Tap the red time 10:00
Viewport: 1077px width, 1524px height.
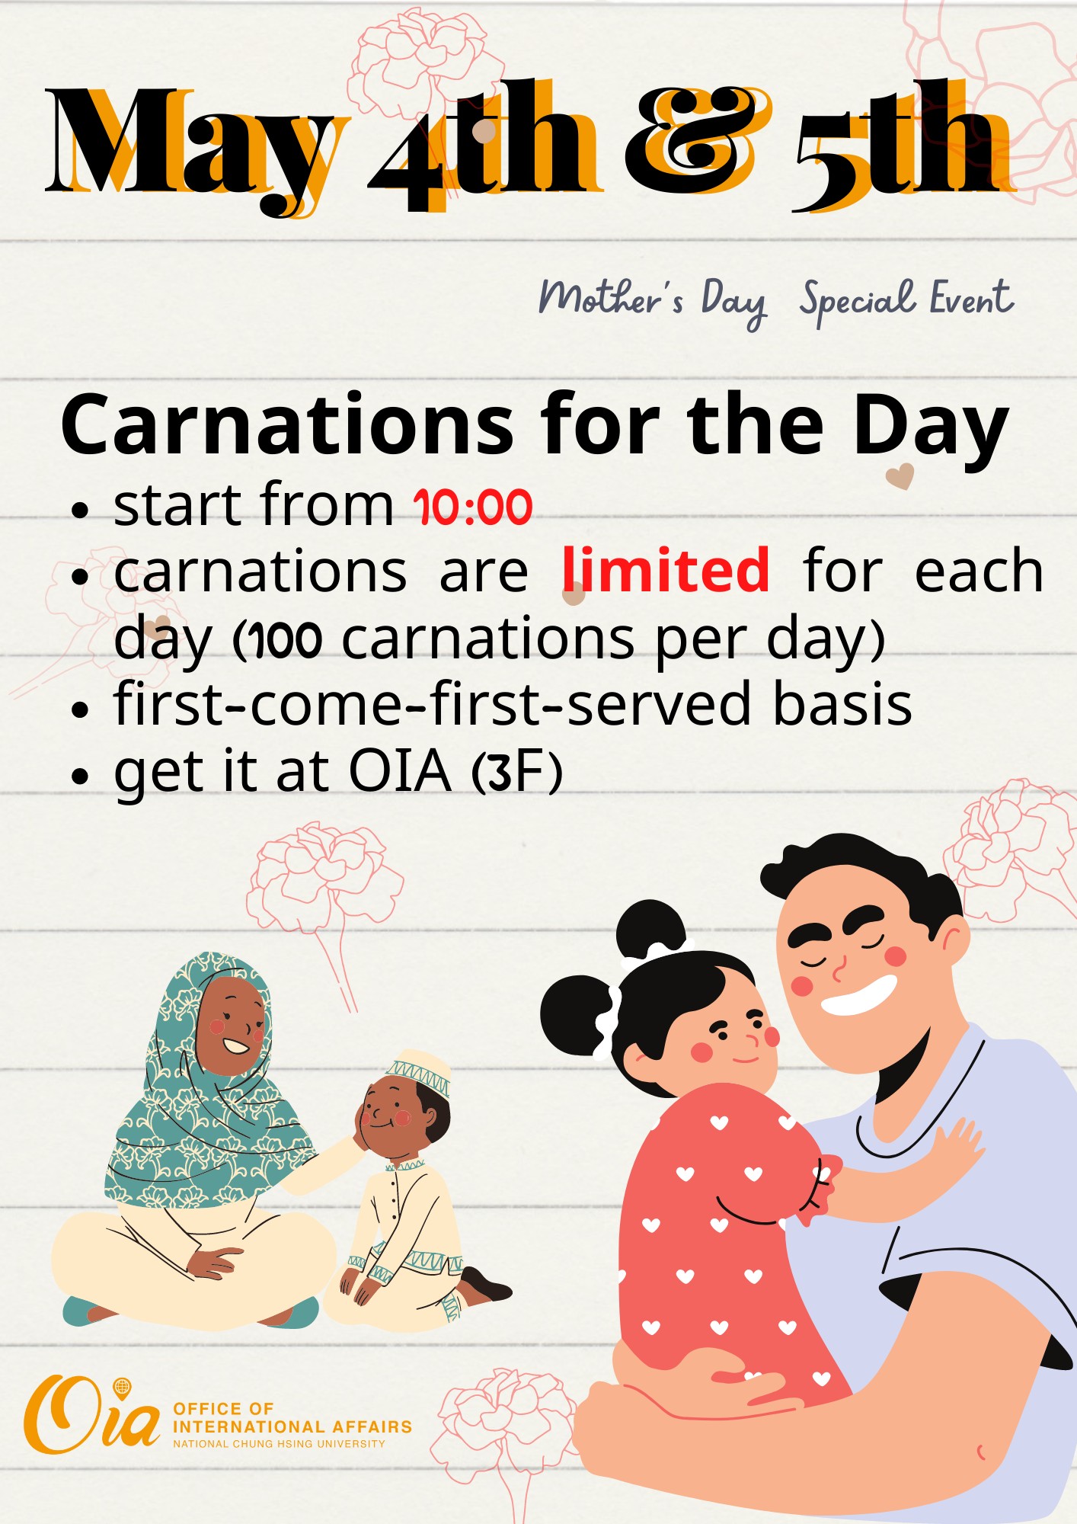[x=473, y=507]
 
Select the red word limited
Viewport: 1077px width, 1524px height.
[x=666, y=569]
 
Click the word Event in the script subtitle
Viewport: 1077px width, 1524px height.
[x=972, y=298]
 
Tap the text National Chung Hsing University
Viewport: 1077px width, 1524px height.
[x=279, y=1444]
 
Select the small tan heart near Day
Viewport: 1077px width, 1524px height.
[x=900, y=477]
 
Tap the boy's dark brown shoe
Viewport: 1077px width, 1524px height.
[x=485, y=1284]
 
